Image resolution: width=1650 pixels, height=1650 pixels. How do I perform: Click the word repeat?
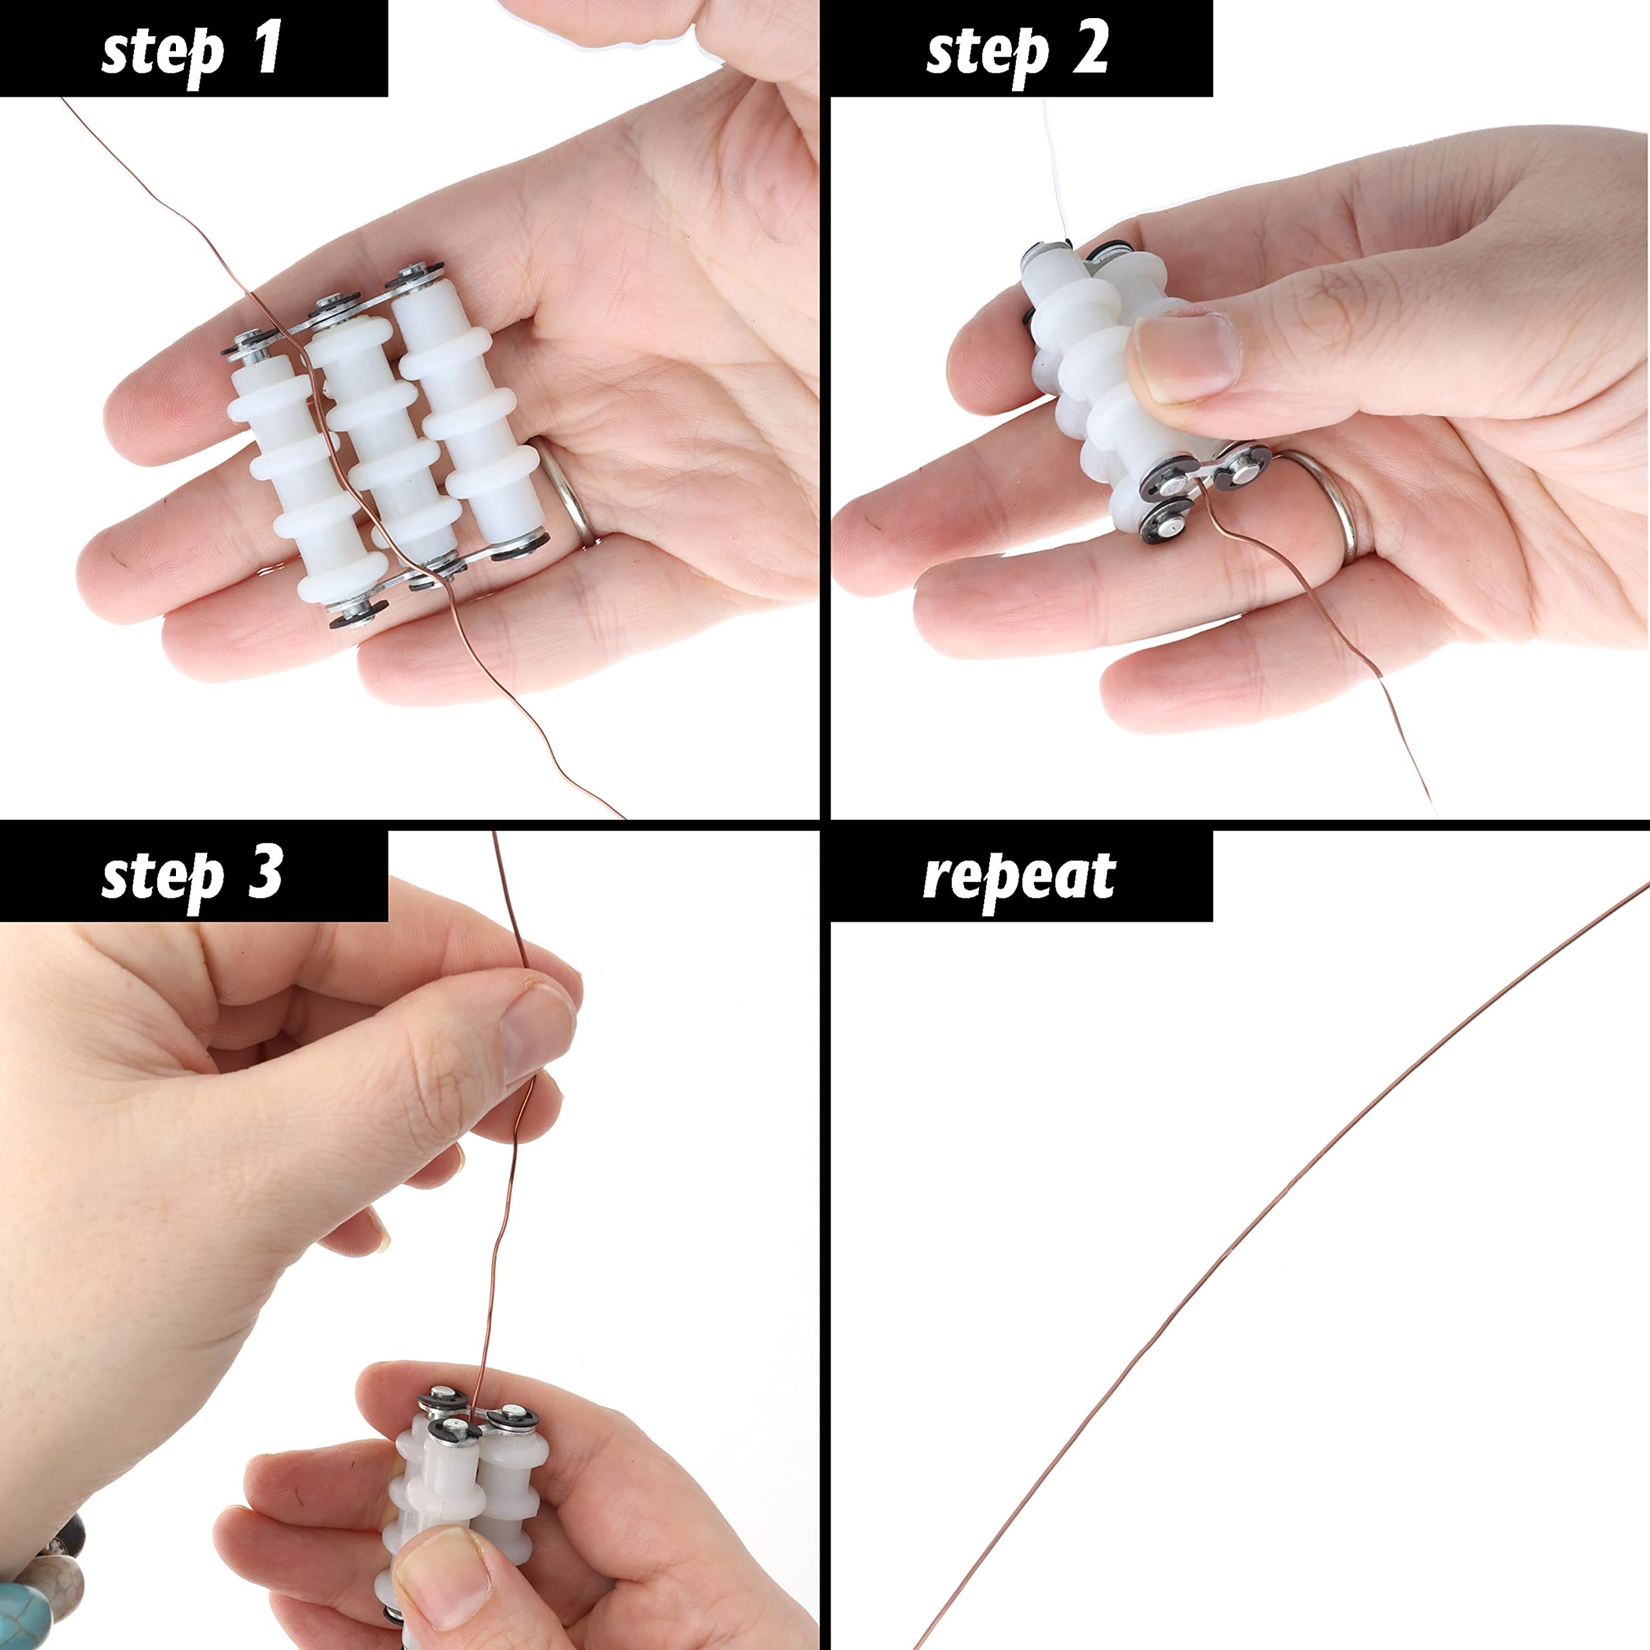coord(1019,878)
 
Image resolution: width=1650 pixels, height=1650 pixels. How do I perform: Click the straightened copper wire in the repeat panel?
coord(1281,1269)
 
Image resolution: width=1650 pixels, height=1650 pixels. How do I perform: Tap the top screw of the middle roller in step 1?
coord(333,303)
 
